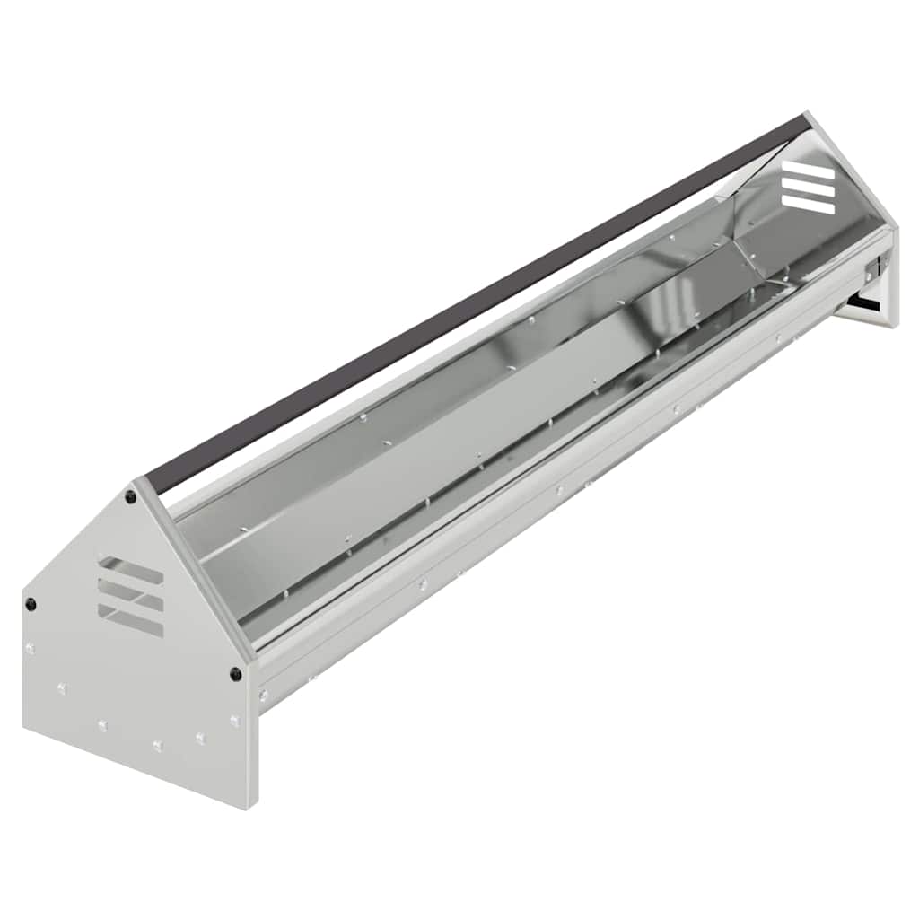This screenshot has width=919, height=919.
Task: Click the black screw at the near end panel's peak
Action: tap(131, 496)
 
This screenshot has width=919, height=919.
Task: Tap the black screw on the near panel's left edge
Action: tap(31, 603)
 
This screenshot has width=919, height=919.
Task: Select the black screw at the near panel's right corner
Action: tap(235, 673)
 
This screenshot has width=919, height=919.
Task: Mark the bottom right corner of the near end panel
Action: tap(247, 806)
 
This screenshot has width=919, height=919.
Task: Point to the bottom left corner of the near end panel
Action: tap(24, 729)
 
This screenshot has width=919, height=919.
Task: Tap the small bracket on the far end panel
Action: tap(871, 267)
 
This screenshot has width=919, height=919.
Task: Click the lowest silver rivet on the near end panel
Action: tap(157, 746)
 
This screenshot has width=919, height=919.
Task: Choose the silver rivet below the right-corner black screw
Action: tap(234, 721)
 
